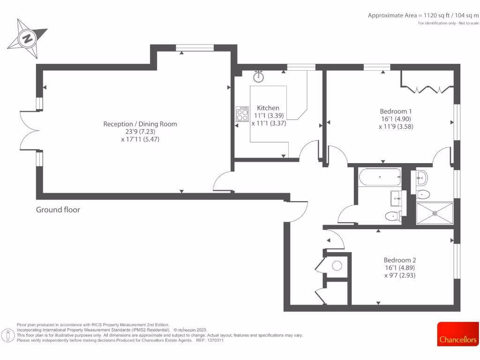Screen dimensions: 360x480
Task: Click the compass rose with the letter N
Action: [x=27, y=38]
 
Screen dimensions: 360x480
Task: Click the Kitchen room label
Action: [x=268, y=108]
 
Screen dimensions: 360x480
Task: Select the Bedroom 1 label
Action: [x=396, y=111]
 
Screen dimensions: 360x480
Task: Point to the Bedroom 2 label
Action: [x=400, y=260]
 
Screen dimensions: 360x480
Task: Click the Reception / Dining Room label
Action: [x=140, y=124]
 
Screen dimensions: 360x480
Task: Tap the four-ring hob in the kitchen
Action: [x=242, y=114]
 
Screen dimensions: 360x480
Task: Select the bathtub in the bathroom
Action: [x=379, y=178]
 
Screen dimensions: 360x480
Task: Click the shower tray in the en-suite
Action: [x=435, y=213]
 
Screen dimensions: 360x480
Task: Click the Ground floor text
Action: [x=58, y=210]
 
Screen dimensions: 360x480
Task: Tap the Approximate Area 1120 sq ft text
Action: [x=423, y=15]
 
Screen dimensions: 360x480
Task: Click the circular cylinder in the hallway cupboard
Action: [x=337, y=266]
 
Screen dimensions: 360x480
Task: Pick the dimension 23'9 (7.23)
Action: [x=140, y=132]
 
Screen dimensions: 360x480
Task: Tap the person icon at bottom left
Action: [x=8, y=336]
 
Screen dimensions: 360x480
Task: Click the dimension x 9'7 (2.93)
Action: [x=400, y=275]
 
